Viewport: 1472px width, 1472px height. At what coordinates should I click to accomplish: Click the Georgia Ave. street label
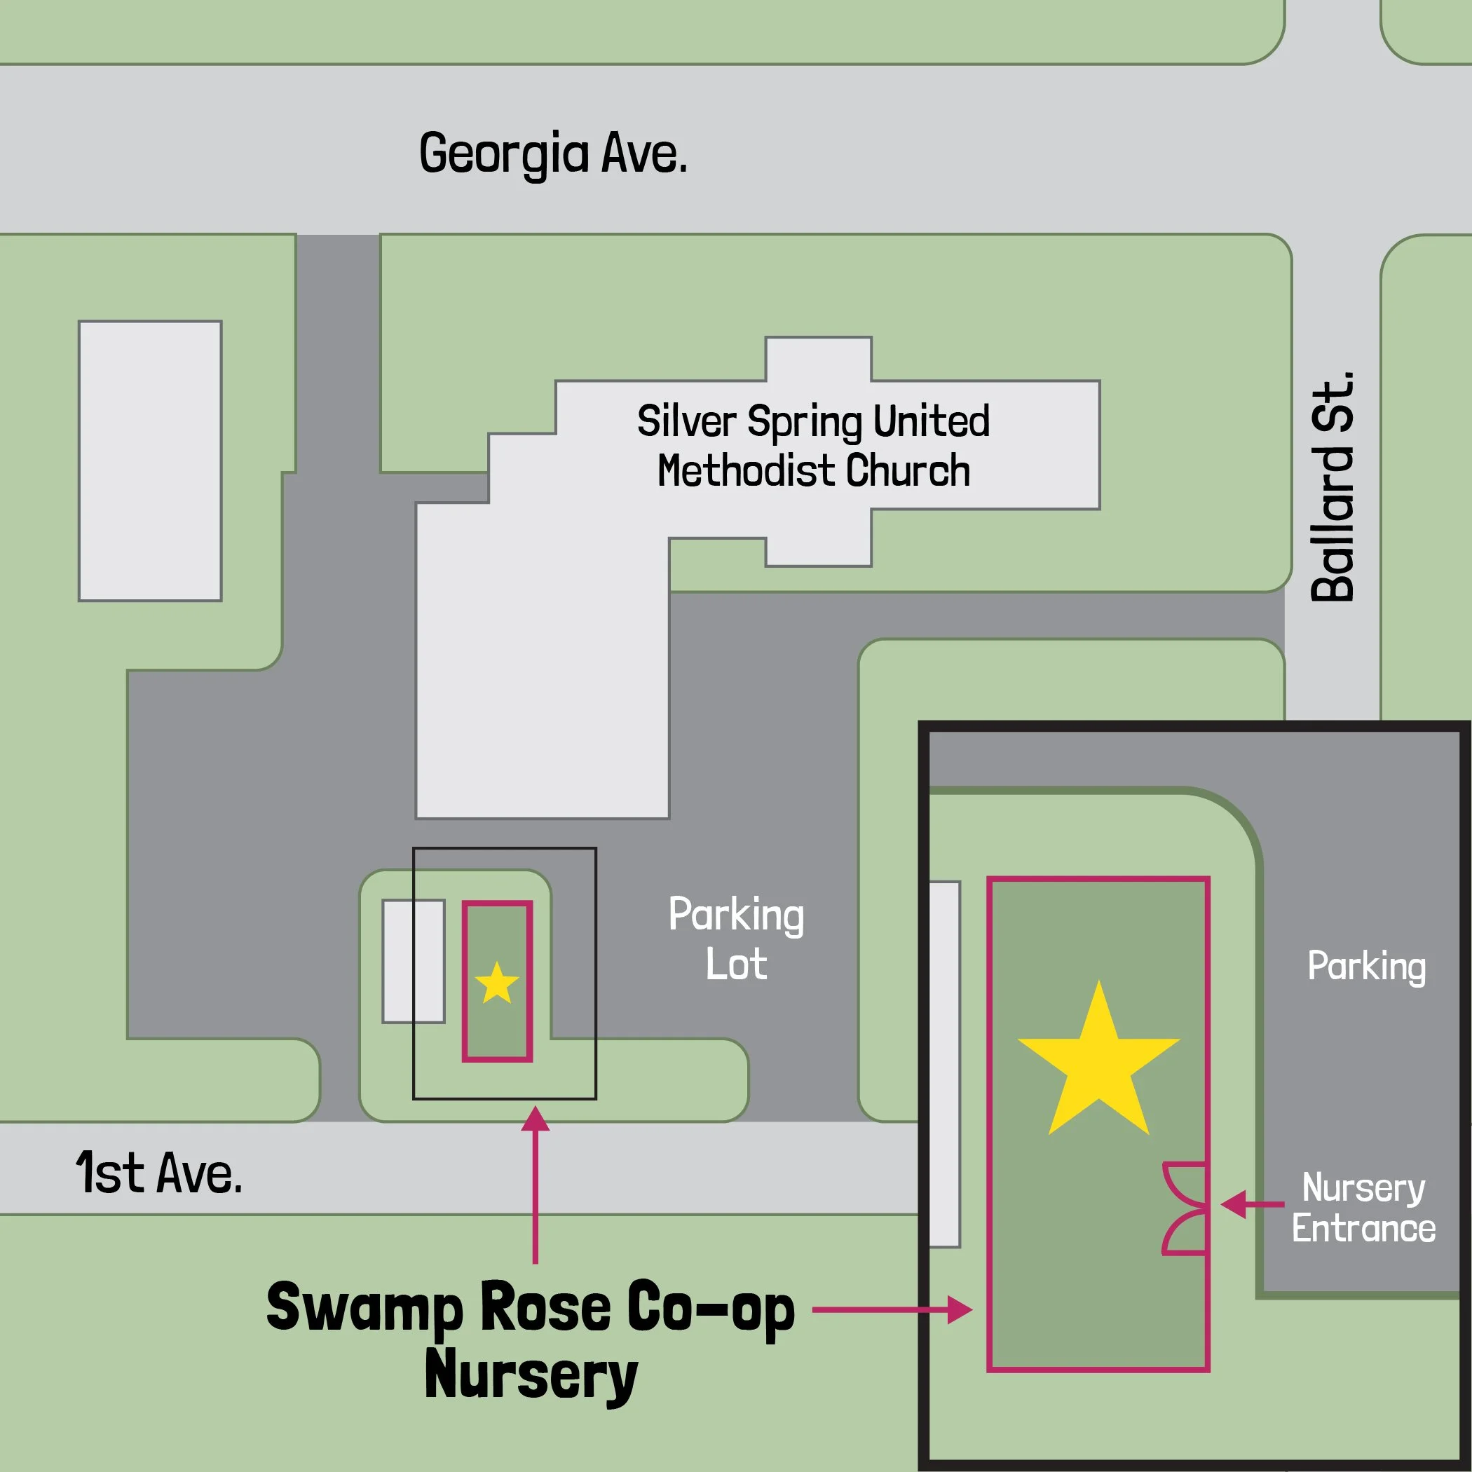(x=553, y=154)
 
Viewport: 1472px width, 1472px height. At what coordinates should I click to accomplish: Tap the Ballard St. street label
(x=1333, y=488)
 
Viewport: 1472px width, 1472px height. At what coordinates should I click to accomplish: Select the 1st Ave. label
(x=158, y=1173)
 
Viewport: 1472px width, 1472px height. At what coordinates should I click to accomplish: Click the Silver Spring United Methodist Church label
(x=813, y=446)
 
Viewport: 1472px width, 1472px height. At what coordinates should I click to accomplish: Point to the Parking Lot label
(x=736, y=939)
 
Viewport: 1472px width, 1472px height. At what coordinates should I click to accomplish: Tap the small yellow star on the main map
(x=497, y=983)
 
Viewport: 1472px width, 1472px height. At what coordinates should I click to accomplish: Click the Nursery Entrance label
(x=1363, y=1208)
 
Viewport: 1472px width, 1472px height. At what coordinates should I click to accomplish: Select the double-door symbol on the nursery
(x=1185, y=1208)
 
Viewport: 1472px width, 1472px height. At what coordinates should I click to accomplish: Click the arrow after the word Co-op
(x=892, y=1311)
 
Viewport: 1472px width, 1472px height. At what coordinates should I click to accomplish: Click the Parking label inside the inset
(x=1366, y=966)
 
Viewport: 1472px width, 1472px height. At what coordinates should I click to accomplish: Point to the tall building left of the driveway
(x=150, y=461)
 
